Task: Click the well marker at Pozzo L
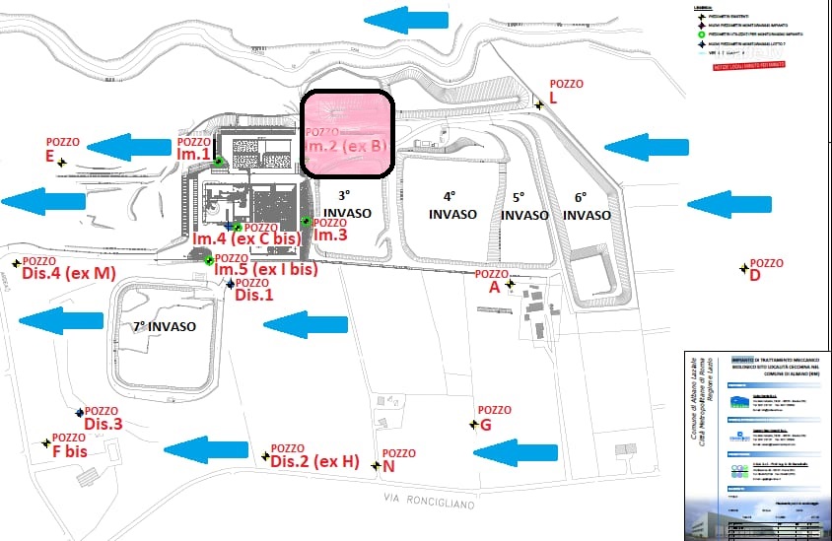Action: (x=539, y=103)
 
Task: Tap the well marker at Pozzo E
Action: (x=62, y=163)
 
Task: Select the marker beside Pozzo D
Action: (x=743, y=268)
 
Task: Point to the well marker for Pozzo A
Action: (x=510, y=285)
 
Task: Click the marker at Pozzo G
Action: (x=473, y=425)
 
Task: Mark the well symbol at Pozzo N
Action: (x=376, y=465)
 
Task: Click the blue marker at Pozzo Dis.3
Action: (x=79, y=413)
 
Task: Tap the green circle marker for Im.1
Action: (x=218, y=163)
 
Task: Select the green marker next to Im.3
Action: (x=307, y=222)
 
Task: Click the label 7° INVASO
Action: (x=160, y=326)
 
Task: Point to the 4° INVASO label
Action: (x=452, y=205)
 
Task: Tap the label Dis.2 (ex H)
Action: (x=314, y=461)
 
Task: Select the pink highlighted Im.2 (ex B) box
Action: (x=347, y=135)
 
